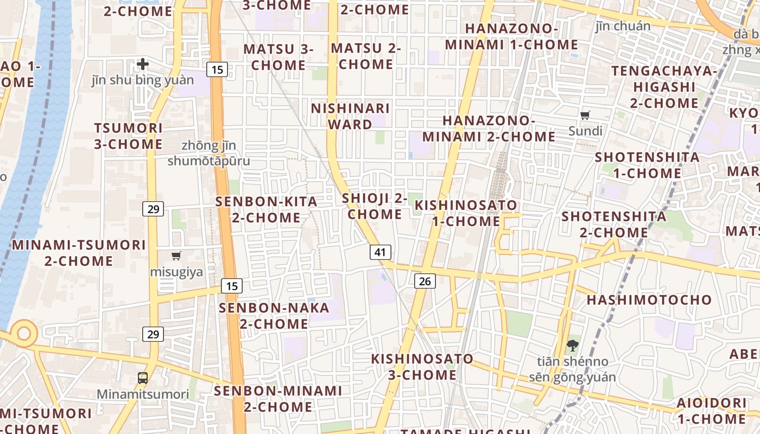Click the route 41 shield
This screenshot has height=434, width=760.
point(381,252)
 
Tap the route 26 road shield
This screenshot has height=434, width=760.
point(425,280)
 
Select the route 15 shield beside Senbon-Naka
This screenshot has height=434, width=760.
point(232,286)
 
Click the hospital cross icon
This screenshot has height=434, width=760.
point(143,65)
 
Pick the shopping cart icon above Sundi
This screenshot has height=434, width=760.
point(585,115)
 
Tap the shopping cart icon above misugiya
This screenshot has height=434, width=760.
point(176,256)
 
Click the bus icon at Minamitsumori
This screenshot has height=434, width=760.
point(143,378)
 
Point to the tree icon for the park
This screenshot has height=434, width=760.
point(572,345)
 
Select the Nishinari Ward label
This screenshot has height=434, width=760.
point(350,116)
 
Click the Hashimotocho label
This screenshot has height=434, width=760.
point(649,299)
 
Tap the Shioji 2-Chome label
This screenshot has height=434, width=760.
point(375,206)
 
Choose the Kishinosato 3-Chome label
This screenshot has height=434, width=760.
point(422,367)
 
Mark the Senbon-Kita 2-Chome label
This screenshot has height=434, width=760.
point(267,209)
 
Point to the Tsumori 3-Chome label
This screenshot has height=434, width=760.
point(128,136)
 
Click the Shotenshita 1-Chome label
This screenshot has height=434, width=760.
point(647,165)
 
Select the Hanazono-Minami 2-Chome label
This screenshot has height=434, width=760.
point(489,129)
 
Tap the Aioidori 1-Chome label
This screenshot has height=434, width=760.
point(711,411)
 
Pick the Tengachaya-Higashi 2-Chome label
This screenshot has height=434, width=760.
point(664,87)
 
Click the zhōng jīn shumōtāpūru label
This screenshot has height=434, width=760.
point(209,153)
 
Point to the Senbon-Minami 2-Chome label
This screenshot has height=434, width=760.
point(278,399)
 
